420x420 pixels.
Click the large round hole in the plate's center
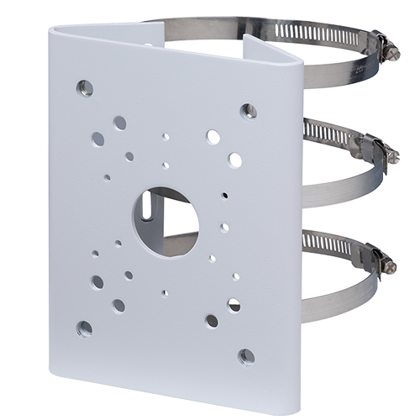point(165,222)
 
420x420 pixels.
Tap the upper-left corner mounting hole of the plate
point(84,87)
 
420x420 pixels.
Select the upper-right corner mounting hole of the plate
point(248,111)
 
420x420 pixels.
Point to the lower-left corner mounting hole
point(84,328)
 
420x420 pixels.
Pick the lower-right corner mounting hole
point(245,356)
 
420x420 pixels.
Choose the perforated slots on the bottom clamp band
point(328,244)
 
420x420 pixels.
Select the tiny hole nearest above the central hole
point(165,165)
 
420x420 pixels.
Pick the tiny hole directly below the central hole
point(164,293)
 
